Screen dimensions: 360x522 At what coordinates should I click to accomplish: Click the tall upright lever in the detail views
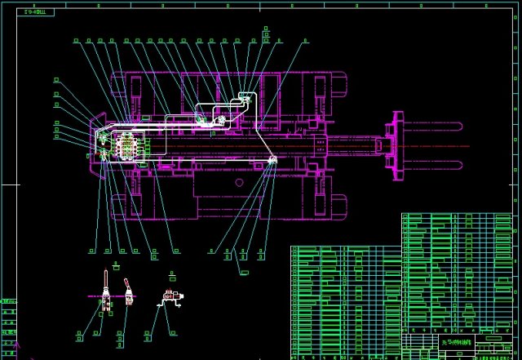coord(105,293)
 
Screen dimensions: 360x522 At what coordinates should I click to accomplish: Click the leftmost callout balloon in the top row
coord(77,39)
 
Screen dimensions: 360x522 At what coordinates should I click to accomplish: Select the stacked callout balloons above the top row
coord(266,33)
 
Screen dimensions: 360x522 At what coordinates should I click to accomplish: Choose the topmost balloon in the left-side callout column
coord(56,79)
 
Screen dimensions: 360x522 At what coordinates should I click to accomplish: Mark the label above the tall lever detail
coord(117,267)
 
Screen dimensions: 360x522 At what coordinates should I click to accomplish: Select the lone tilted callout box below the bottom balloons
coord(244,270)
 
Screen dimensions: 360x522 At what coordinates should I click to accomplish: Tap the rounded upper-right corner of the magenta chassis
coord(343,78)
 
